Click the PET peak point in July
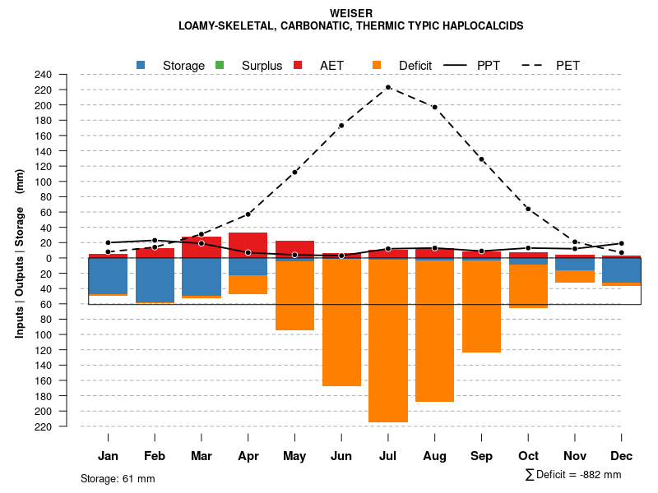click(388, 87)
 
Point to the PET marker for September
click(481, 159)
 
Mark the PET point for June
click(341, 126)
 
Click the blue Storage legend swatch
click(141, 65)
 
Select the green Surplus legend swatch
click(220, 65)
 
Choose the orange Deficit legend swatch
click(377, 65)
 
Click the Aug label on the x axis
click(434, 456)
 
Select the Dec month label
click(621, 456)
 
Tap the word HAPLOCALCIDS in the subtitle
click(481, 26)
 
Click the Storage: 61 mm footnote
click(118, 478)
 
